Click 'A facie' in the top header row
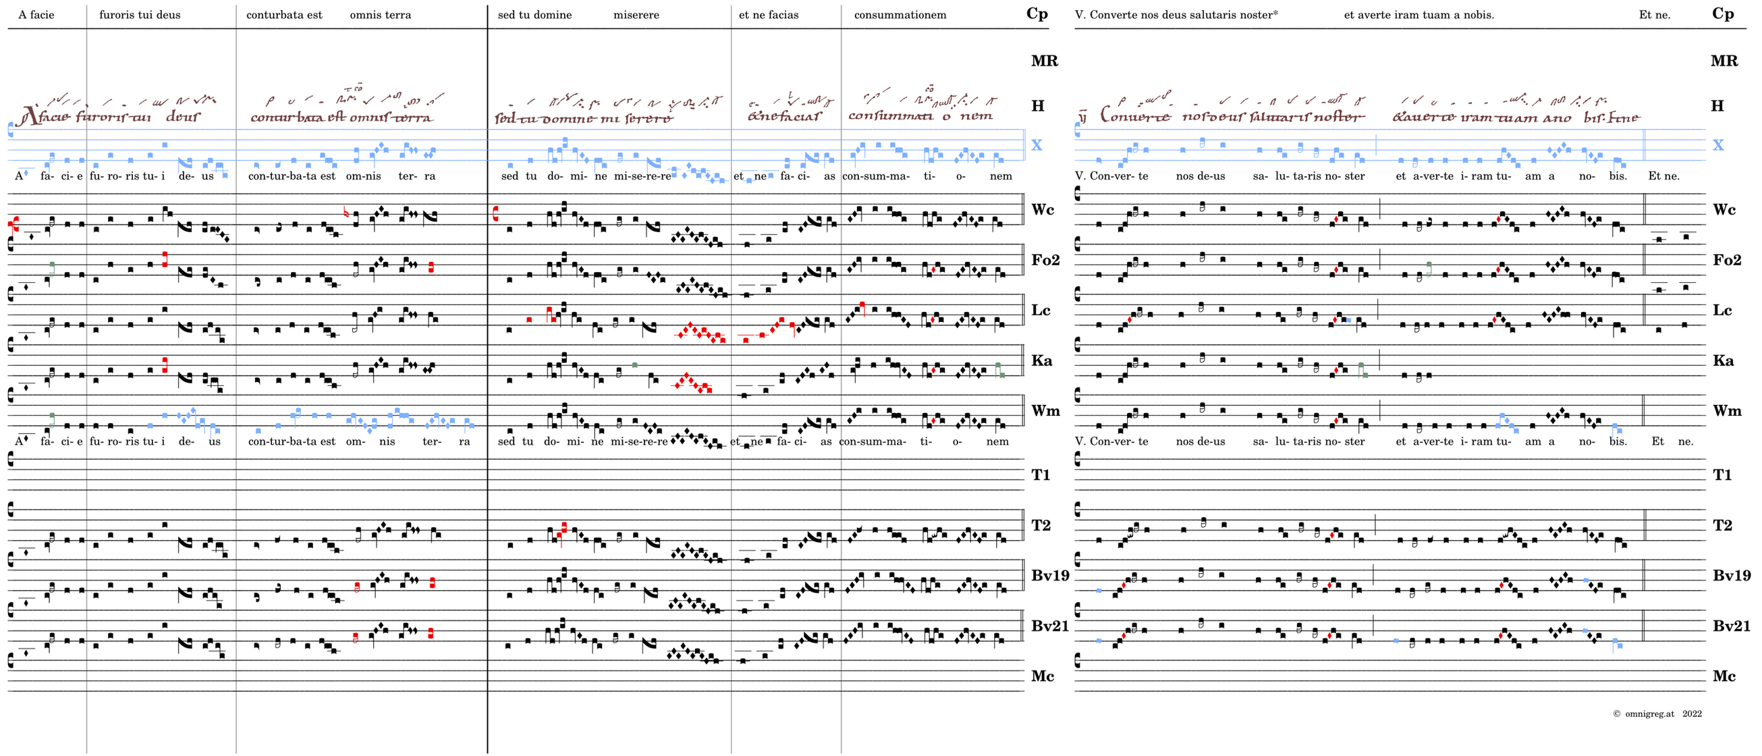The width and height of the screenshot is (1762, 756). pos(36,14)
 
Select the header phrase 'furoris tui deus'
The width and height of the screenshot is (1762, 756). pos(140,14)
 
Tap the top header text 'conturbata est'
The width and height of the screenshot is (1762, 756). pos(284,14)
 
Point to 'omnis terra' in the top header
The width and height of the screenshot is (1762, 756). pos(381,14)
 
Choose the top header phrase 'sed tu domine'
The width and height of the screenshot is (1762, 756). pos(534,14)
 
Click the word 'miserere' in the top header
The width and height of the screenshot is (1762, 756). pos(636,14)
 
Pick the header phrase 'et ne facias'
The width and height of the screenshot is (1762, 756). pos(768,14)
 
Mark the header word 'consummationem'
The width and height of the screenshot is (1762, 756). pos(900,14)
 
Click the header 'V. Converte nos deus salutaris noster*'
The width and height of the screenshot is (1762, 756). pos(1176,14)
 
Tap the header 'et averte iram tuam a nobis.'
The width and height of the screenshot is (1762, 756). pos(1419,14)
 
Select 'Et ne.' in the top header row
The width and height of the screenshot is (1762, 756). pos(1654,14)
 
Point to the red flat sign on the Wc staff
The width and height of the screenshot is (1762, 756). pos(346,213)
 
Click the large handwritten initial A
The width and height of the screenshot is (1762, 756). pos(29,116)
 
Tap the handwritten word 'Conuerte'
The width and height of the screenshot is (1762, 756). pos(1135,115)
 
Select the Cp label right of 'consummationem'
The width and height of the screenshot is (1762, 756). pos(1037,13)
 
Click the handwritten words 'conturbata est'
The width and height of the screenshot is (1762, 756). pos(298,117)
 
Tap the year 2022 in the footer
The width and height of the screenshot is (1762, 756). pos(1692,713)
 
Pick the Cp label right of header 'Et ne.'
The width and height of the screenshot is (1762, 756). pos(1722,13)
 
